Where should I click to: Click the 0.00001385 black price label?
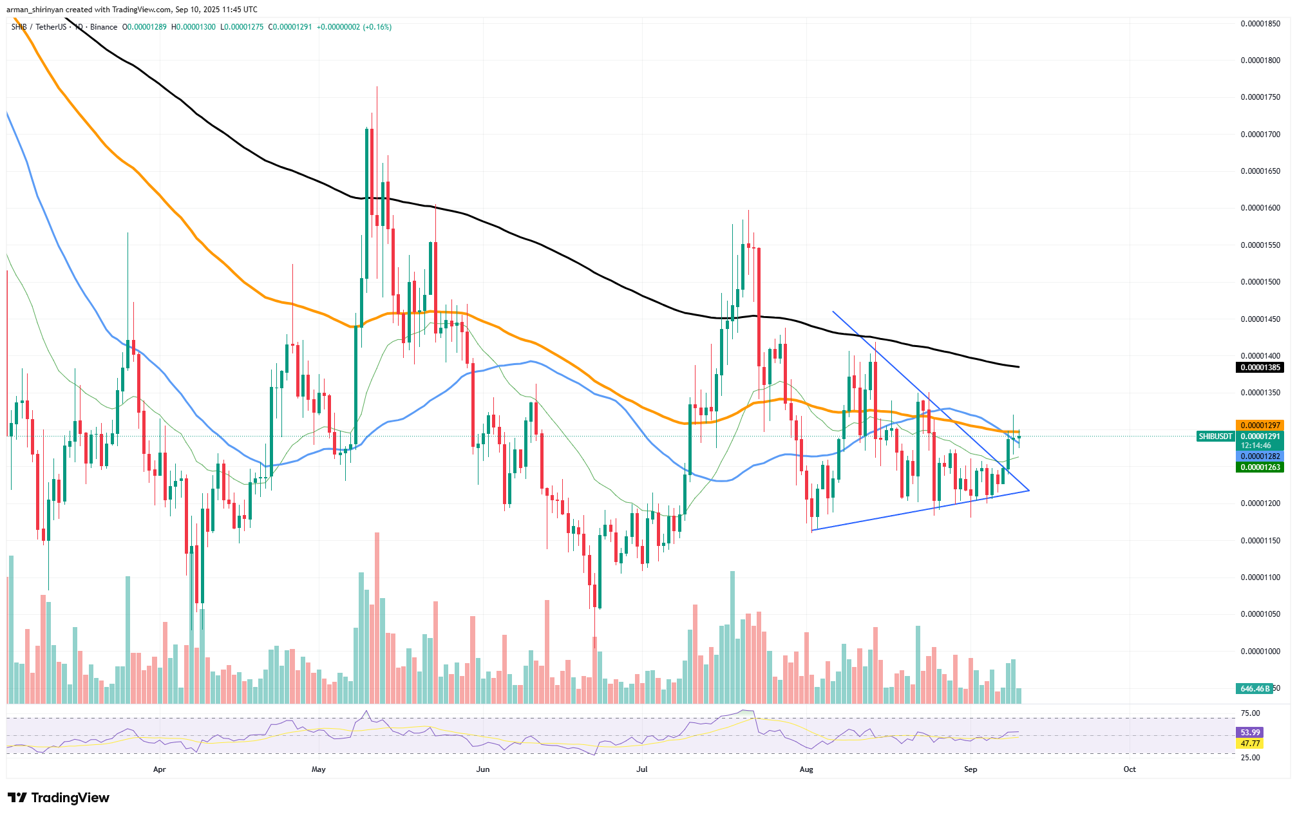tap(1260, 368)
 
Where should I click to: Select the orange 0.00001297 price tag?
tap(1260, 426)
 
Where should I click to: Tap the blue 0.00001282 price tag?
tap(1260, 456)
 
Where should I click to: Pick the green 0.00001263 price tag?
tap(1260, 467)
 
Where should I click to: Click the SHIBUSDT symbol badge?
tap(1215, 437)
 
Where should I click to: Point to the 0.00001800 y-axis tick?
tap(1260, 61)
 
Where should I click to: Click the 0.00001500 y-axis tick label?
tap(1260, 282)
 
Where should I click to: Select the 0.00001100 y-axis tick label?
tap(1260, 578)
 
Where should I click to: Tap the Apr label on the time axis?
tap(160, 769)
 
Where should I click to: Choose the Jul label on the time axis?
tap(641, 769)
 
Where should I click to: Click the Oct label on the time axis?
tap(1129, 769)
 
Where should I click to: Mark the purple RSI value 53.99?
tap(1249, 733)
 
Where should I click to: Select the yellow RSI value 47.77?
tap(1249, 744)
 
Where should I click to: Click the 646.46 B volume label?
tap(1254, 689)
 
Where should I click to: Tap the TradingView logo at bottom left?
tap(59, 798)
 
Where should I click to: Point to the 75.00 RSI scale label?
tap(1250, 713)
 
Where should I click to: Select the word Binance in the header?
tap(104, 27)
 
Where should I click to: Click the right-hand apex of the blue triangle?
tap(1029, 491)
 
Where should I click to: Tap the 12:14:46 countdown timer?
tap(1256, 446)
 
